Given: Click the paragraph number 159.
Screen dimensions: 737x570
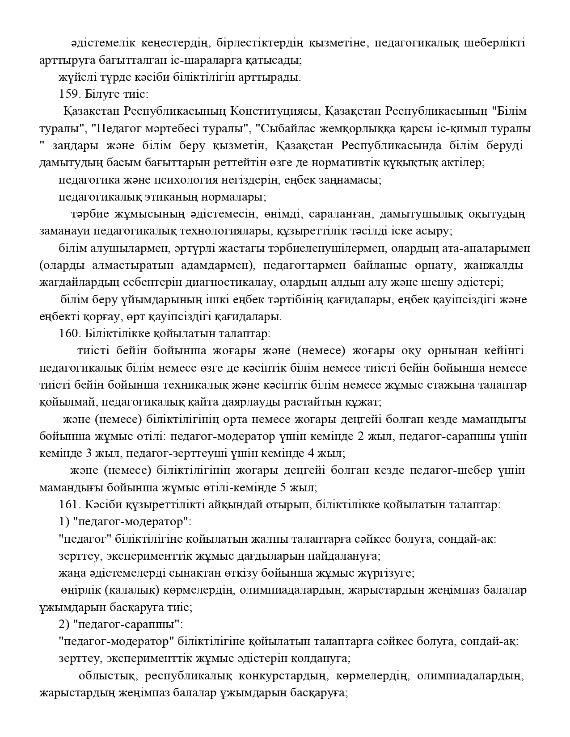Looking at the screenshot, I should [68, 94].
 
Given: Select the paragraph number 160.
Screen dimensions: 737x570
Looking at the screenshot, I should [68, 334].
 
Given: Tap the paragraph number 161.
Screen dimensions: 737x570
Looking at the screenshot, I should [68, 505].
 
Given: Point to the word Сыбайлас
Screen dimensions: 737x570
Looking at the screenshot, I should [283, 129].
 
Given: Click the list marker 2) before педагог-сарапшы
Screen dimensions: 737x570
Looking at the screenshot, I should [63, 624].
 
